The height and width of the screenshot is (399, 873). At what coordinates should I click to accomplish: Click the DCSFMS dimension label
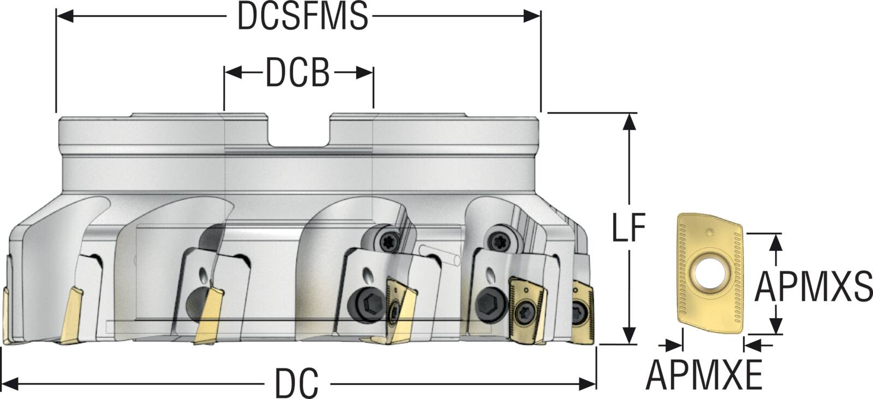pyautogui.click(x=303, y=16)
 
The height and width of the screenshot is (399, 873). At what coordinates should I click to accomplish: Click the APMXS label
pyautogui.click(x=813, y=287)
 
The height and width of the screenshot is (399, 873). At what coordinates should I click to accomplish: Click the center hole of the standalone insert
pyautogui.click(x=709, y=271)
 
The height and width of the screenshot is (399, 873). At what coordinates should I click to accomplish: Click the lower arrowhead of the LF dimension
pyautogui.click(x=630, y=336)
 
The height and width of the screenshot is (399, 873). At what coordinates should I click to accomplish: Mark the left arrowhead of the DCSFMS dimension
pyautogui.click(x=64, y=16)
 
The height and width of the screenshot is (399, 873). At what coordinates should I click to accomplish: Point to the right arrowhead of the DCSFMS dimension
pyautogui.click(x=533, y=16)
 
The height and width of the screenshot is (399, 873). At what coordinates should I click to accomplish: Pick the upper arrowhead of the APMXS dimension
pyautogui.click(x=775, y=241)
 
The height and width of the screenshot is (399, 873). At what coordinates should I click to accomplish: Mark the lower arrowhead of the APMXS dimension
pyautogui.click(x=775, y=325)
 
